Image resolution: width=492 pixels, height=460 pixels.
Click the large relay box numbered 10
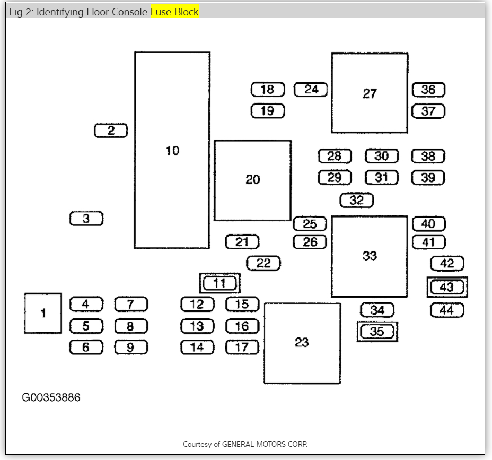[x=172, y=150]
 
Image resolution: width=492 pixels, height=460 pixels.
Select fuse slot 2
[x=111, y=131]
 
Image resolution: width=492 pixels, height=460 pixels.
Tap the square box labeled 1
[x=43, y=313]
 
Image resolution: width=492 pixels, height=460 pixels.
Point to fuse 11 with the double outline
[x=219, y=283]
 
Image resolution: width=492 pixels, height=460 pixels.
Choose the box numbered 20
[x=252, y=180]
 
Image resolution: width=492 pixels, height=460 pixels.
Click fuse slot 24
[x=311, y=90]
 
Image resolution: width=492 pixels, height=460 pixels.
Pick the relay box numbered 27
[x=370, y=93]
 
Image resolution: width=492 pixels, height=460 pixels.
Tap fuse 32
[x=356, y=201]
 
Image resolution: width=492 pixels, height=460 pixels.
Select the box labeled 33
[x=369, y=256]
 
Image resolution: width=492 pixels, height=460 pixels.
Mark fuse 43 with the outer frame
[x=447, y=287]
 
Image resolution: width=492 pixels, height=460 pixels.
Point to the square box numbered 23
[x=302, y=343]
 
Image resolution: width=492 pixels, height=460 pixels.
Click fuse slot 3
[x=86, y=219]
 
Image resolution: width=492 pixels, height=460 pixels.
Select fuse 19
[x=268, y=111]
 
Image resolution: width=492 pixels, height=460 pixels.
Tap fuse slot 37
[x=428, y=111]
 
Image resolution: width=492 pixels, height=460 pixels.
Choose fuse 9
[x=131, y=348]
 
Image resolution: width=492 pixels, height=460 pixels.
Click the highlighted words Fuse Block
[x=174, y=12]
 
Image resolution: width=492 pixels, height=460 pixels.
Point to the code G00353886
[x=51, y=397]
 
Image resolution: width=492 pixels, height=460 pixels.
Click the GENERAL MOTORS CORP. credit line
[x=245, y=444]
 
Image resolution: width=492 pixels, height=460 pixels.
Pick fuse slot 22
[x=263, y=263]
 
